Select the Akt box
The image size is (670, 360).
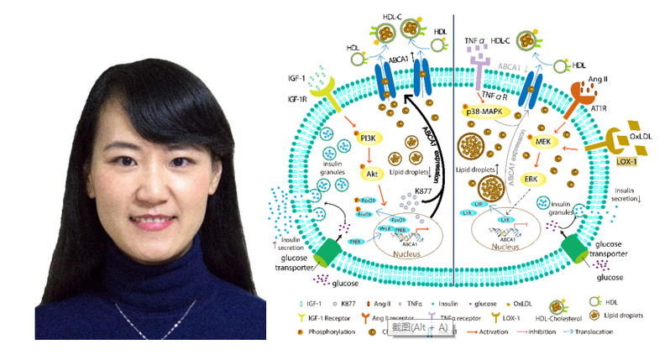tap(369, 175)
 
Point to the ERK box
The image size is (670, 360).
tap(531, 179)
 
